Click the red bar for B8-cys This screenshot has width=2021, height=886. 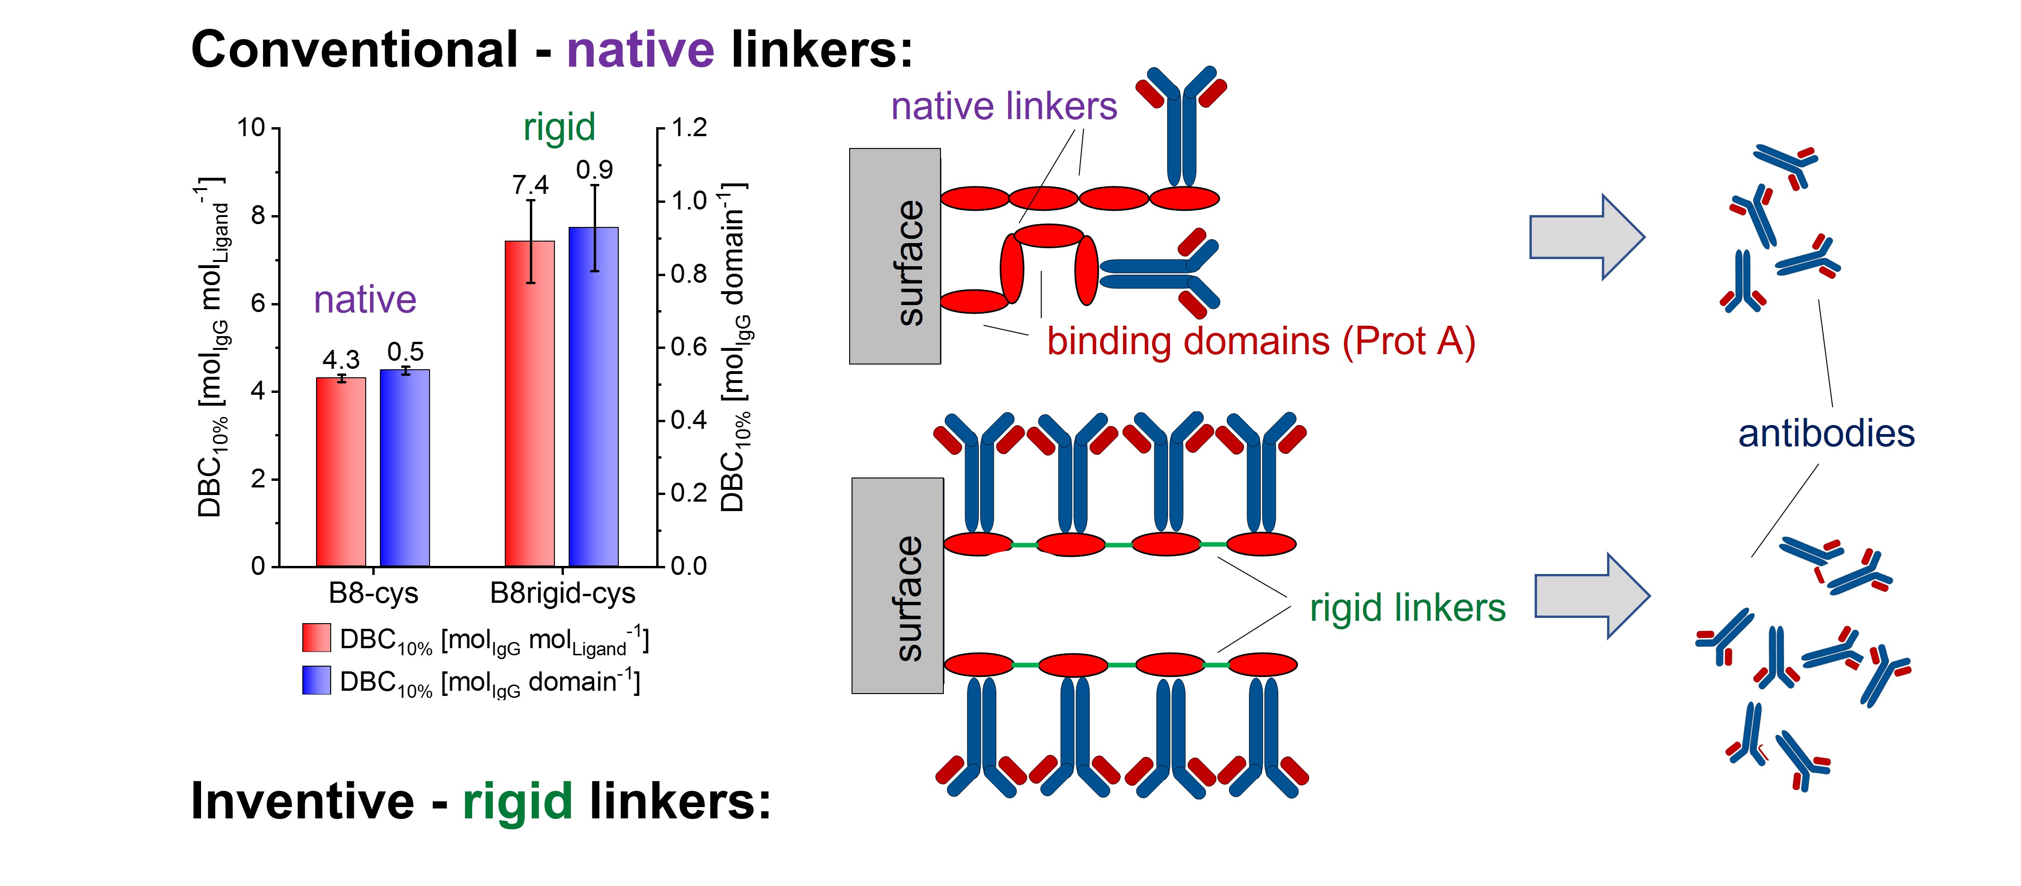pos(341,472)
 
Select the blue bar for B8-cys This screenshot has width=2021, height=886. pos(405,468)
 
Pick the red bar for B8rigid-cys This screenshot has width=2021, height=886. pos(529,404)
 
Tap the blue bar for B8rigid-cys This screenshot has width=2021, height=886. pos(594,397)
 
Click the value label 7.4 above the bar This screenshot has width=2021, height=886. pos(530,185)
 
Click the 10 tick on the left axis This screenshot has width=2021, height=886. pos(251,127)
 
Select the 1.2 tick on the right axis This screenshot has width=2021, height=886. pos(689,127)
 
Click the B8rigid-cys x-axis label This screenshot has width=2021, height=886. pos(562,593)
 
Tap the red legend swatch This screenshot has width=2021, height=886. pos(316,637)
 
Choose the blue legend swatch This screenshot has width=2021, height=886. pos(316,680)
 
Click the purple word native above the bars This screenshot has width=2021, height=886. pos(365,300)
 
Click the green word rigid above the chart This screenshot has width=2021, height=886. pos(559,127)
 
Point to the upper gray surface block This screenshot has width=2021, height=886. pos(895,256)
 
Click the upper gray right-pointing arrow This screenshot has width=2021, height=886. pos(1586,237)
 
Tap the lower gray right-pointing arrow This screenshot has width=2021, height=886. pos(1592,596)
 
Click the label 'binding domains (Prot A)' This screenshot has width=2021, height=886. pos(1261,342)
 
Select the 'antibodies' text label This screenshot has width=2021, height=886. pos(1827,434)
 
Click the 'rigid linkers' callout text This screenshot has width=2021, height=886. pos(1407,608)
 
